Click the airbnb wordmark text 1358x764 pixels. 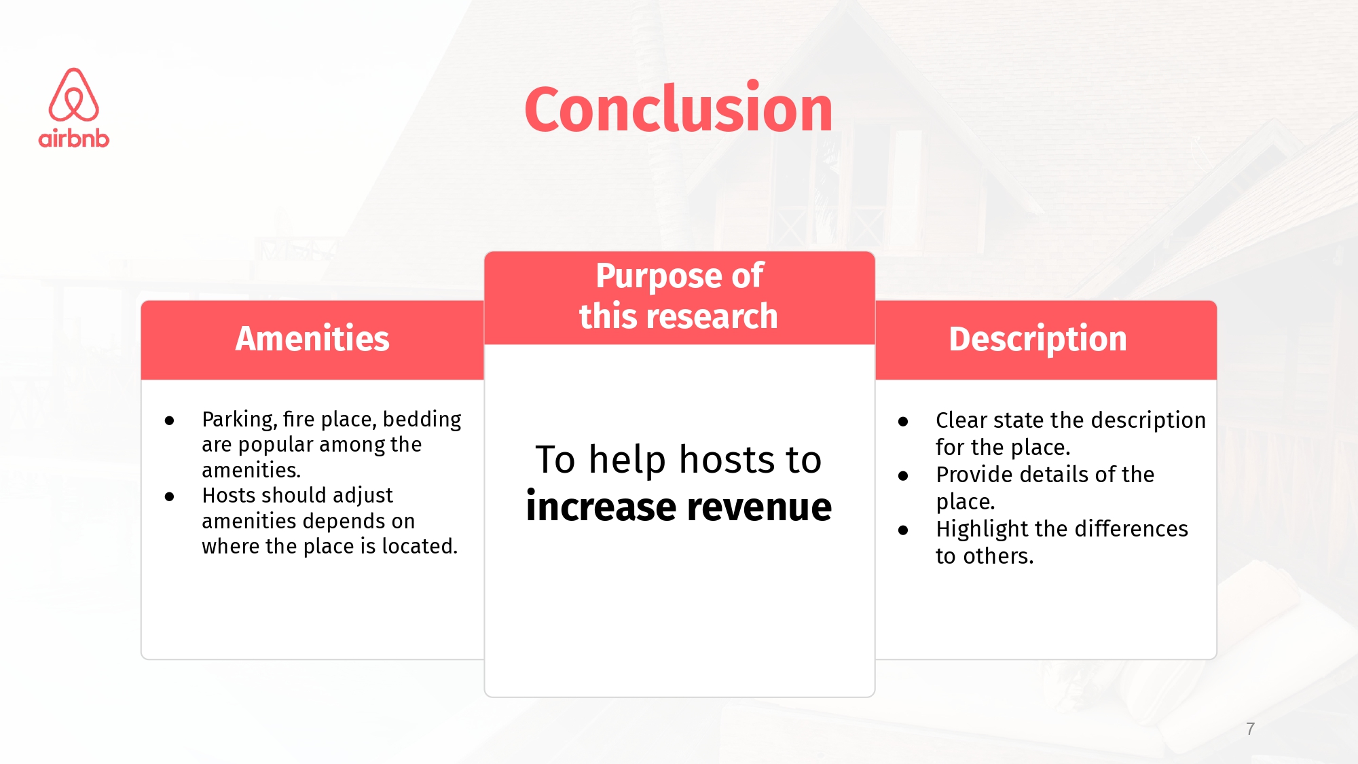[74, 138]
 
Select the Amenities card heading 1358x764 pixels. [312, 338]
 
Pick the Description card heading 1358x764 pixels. [1038, 339]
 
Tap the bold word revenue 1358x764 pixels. [760, 507]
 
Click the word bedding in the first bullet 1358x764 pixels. [422, 420]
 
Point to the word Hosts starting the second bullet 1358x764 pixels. [230, 495]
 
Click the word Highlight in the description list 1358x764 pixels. [982, 529]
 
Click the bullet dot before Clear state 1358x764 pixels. [903, 422]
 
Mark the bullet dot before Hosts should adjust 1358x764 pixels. [169, 497]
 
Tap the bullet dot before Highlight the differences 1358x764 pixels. [903, 530]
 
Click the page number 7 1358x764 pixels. [1250, 729]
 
